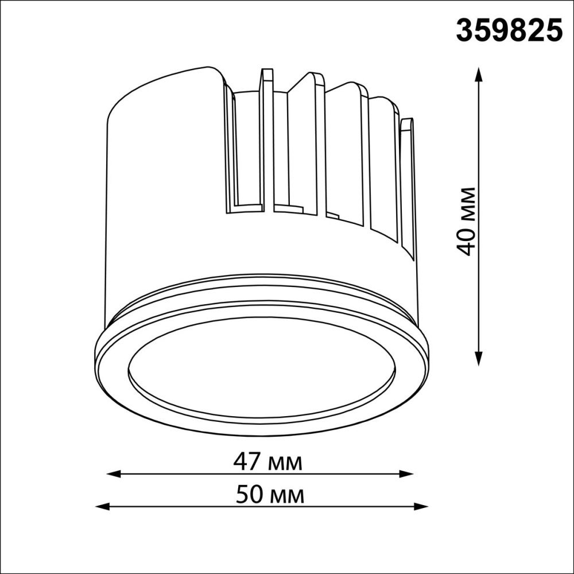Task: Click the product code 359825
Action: click(x=509, y=30)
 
